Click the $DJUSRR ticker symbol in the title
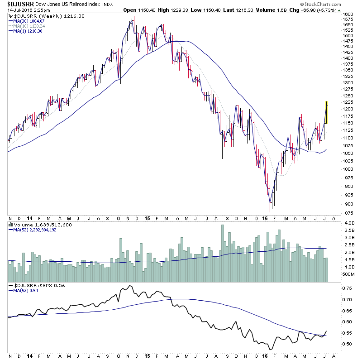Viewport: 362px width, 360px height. tap(19, 4)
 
